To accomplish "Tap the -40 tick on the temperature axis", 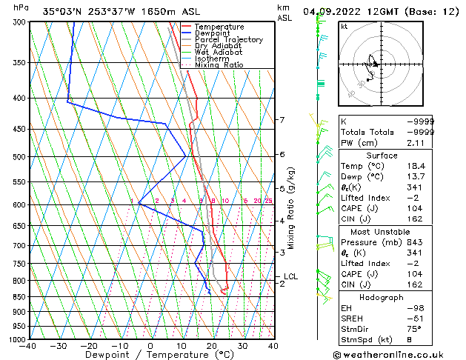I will coord(28,346).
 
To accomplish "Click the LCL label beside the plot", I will coord(290,277).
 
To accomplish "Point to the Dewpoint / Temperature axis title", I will coord(150,356).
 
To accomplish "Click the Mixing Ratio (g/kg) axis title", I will coord(291,208).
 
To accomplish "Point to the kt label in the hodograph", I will coord(344,27).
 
